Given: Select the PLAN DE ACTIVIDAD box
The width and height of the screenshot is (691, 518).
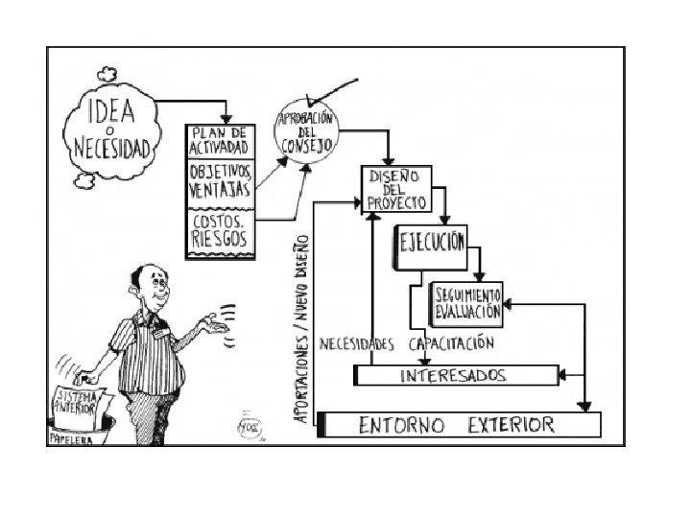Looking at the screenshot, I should pyautogui.click(x=219, y=140).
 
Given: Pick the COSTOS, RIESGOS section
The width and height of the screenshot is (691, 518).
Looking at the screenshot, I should pyautogui.click(x=219, y=230).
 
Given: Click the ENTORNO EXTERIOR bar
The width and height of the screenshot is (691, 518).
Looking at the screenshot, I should pyautogui.click(x=459, y=424).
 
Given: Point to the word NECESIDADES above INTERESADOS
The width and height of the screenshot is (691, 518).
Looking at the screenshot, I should pyautogui.click(x=356, y=343).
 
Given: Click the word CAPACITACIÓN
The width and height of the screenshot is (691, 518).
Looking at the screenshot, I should pyautogui.click(x=451, y=343).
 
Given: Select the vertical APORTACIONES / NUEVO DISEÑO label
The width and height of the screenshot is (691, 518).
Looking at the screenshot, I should pyautogui.click(x=302, y=326).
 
